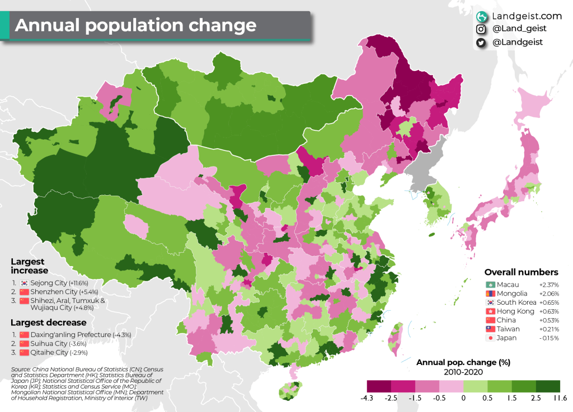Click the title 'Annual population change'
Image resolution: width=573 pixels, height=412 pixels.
click(135, 26)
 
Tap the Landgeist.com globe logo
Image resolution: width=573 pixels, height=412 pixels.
click(481, 17)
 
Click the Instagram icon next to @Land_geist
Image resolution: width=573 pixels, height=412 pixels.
click(481, 29)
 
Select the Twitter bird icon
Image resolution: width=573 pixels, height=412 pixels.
click(481, 42)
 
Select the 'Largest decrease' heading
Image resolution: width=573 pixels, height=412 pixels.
click(49, 323)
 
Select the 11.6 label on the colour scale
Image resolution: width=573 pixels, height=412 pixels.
click(560, 399)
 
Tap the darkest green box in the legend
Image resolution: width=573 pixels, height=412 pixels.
click(548, 386)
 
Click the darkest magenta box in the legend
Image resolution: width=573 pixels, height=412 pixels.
click(379, 386)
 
